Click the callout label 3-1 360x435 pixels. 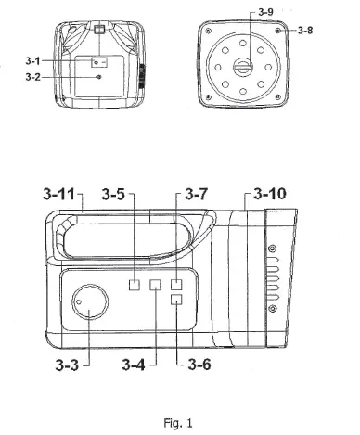pyautogui.click(x=32, y=61)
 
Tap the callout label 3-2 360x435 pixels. pyautogui.click(x=32, y=77)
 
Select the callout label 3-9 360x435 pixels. pyautogui.click(x=265, y=12)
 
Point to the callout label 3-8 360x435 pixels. pyautogui.click(x=305, y=31)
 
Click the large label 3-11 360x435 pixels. pyautogui.click(x=59, y=194)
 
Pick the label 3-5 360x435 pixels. pyautogui.click(x=113, y=194)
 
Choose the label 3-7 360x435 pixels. pyautogui.click(x=197, y=194)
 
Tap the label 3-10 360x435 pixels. pyautogui.click(x=270, y=194)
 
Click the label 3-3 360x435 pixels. pyautogui.click(x=67, y=365)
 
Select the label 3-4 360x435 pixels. pyautogui.click(x=134, y=365)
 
